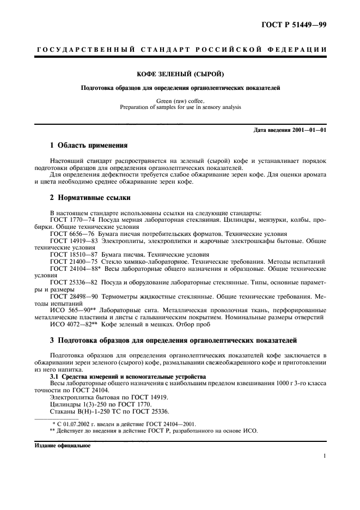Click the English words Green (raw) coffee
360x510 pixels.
[180, 101]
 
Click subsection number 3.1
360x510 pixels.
[55, 376]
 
